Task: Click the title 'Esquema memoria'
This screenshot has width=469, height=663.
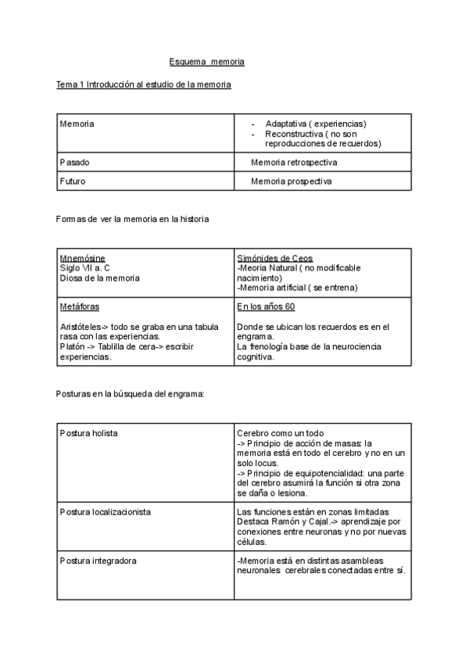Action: click(x=207, y=62)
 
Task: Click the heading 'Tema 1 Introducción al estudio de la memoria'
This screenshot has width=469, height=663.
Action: click(x=144, y=84)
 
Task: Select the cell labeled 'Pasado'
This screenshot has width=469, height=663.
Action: click(x=75, y=163)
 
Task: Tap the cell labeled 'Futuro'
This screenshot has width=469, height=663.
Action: click(x=73, y=181)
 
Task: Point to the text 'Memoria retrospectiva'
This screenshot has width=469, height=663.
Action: click(x=294, y=163)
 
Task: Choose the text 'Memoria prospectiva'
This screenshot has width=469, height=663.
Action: click(x=291, y=181)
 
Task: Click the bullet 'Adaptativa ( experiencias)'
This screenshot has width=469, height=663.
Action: click(x=316, y=124)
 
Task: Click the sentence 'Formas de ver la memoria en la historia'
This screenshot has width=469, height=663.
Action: click(x=133, y=220)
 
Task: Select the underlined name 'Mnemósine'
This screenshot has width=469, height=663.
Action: click(x=83, y=259)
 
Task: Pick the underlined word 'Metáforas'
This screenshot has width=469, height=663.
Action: click(x=80, y=307)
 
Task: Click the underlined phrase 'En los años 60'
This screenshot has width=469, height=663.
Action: click(x=266, y=307)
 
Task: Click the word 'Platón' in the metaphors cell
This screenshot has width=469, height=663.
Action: click(x=73, y=346)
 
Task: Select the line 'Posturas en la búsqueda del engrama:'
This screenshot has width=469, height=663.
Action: click(x=131, y=394)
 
